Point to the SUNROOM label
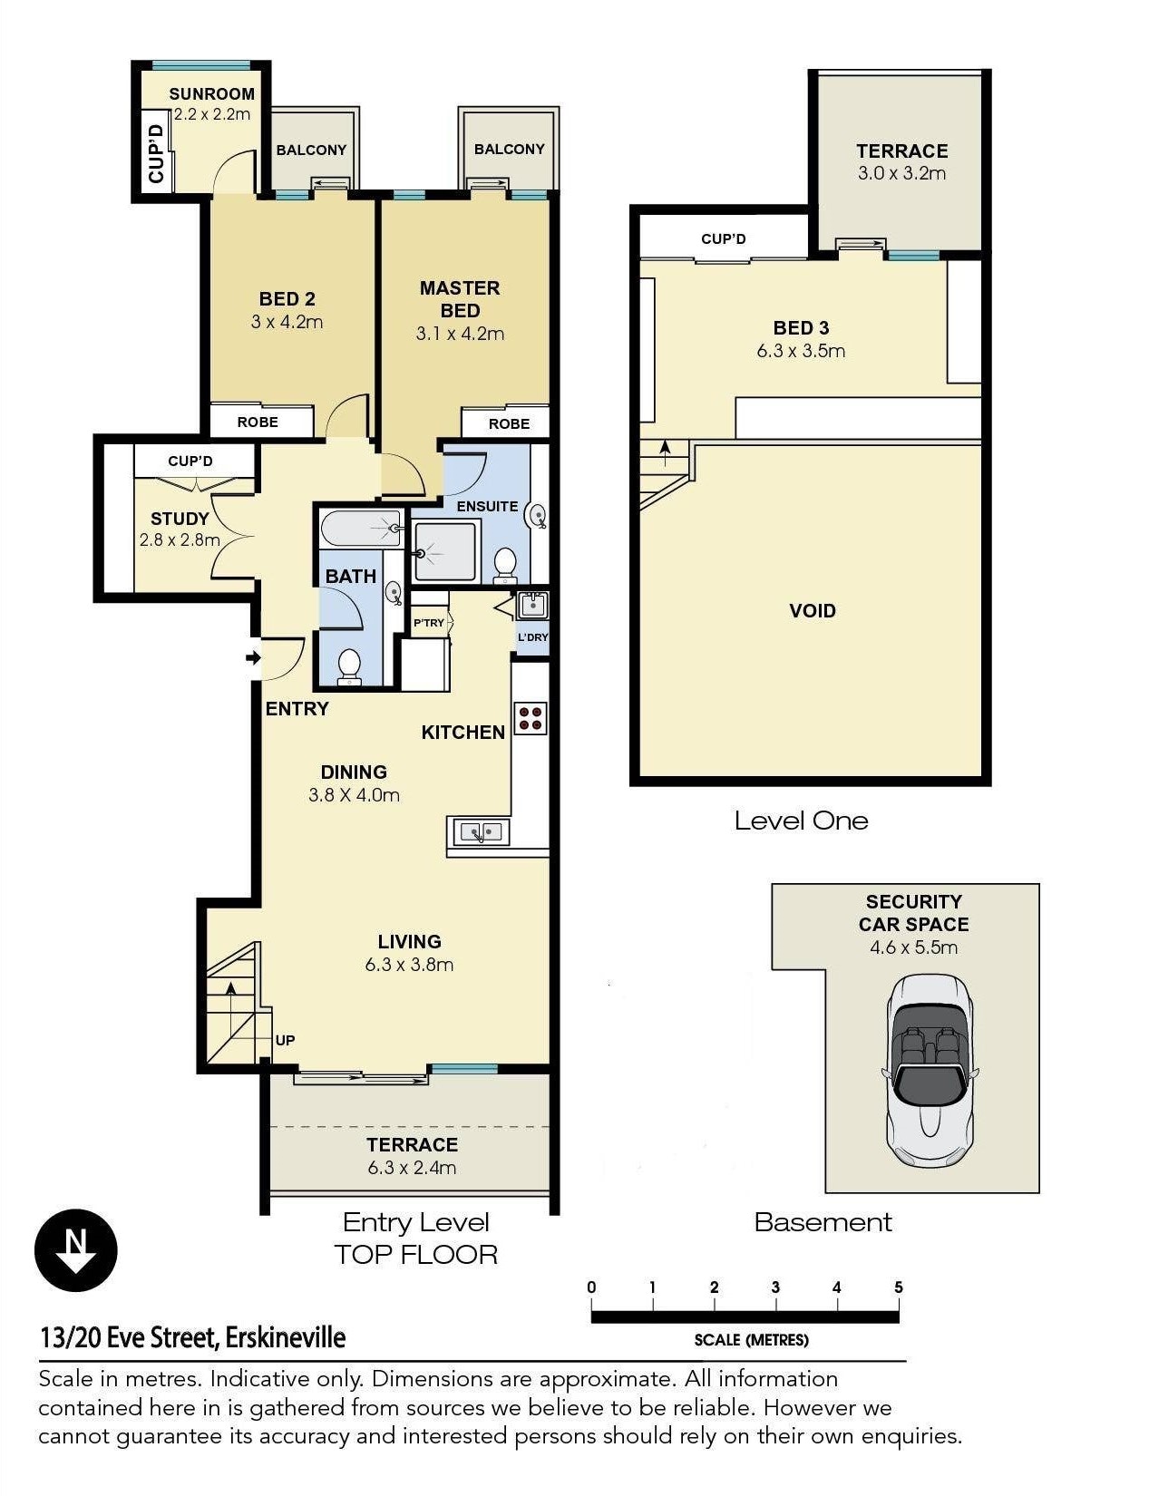coord(211,93)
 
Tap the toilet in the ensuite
coord(505,565)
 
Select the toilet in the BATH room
coord(350,666)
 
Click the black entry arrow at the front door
coord(253,657)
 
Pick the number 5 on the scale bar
coord(898,1286)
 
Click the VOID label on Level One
coord(812,610)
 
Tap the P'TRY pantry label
coord(428,622)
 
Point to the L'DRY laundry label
coord(533,636)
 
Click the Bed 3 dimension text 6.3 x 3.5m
coord(801,350)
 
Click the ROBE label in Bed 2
coord(258,422)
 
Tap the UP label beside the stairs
coord(285,1040)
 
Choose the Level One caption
coord(801,820)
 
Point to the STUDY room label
coord(179,519)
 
